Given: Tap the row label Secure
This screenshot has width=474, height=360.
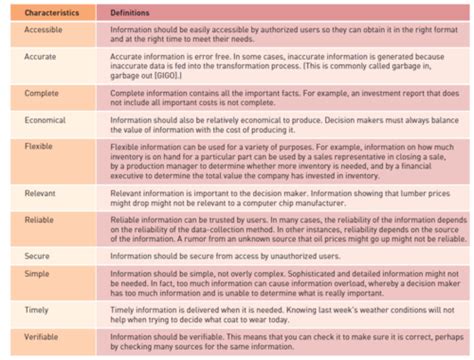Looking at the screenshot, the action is [36, 256].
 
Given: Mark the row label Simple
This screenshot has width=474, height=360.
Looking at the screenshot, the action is [36, 273].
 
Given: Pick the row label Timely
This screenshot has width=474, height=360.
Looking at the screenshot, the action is [36, 311].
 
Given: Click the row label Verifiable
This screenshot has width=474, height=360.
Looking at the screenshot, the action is [41, 339].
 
